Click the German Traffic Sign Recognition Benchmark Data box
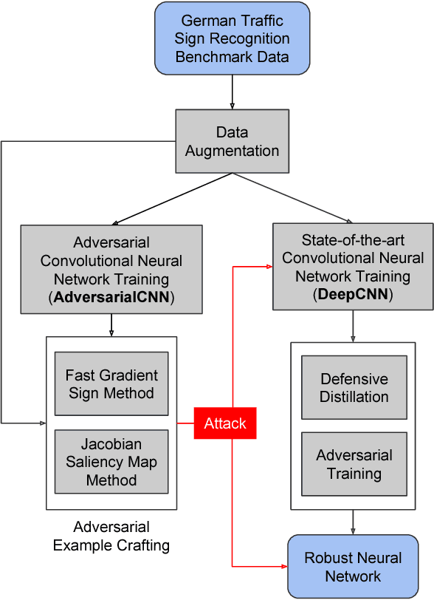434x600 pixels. click(x=232, y=38)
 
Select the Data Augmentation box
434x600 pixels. click(x=232, y=141)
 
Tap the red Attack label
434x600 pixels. click(x=225, y=423)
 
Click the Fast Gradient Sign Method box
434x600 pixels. click(x=111, y=383)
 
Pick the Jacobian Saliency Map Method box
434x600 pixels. click(x=111, y=463)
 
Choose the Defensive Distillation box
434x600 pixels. click(x=354, y=388)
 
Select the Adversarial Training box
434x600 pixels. click(x=354, y=464)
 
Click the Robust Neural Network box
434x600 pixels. click(x=353, y=567)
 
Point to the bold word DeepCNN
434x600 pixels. click(x=353, y=293)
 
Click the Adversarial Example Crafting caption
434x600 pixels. click(x=111, y=536)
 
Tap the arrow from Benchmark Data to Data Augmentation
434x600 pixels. click(x=232, y=92)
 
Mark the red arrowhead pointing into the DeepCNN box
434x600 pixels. click(x=268, y=267)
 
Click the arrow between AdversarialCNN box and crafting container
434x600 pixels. click(x=111, y=325)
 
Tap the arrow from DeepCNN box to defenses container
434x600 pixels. click(x=353, y=326)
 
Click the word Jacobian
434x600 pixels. click(x=111, y=445)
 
